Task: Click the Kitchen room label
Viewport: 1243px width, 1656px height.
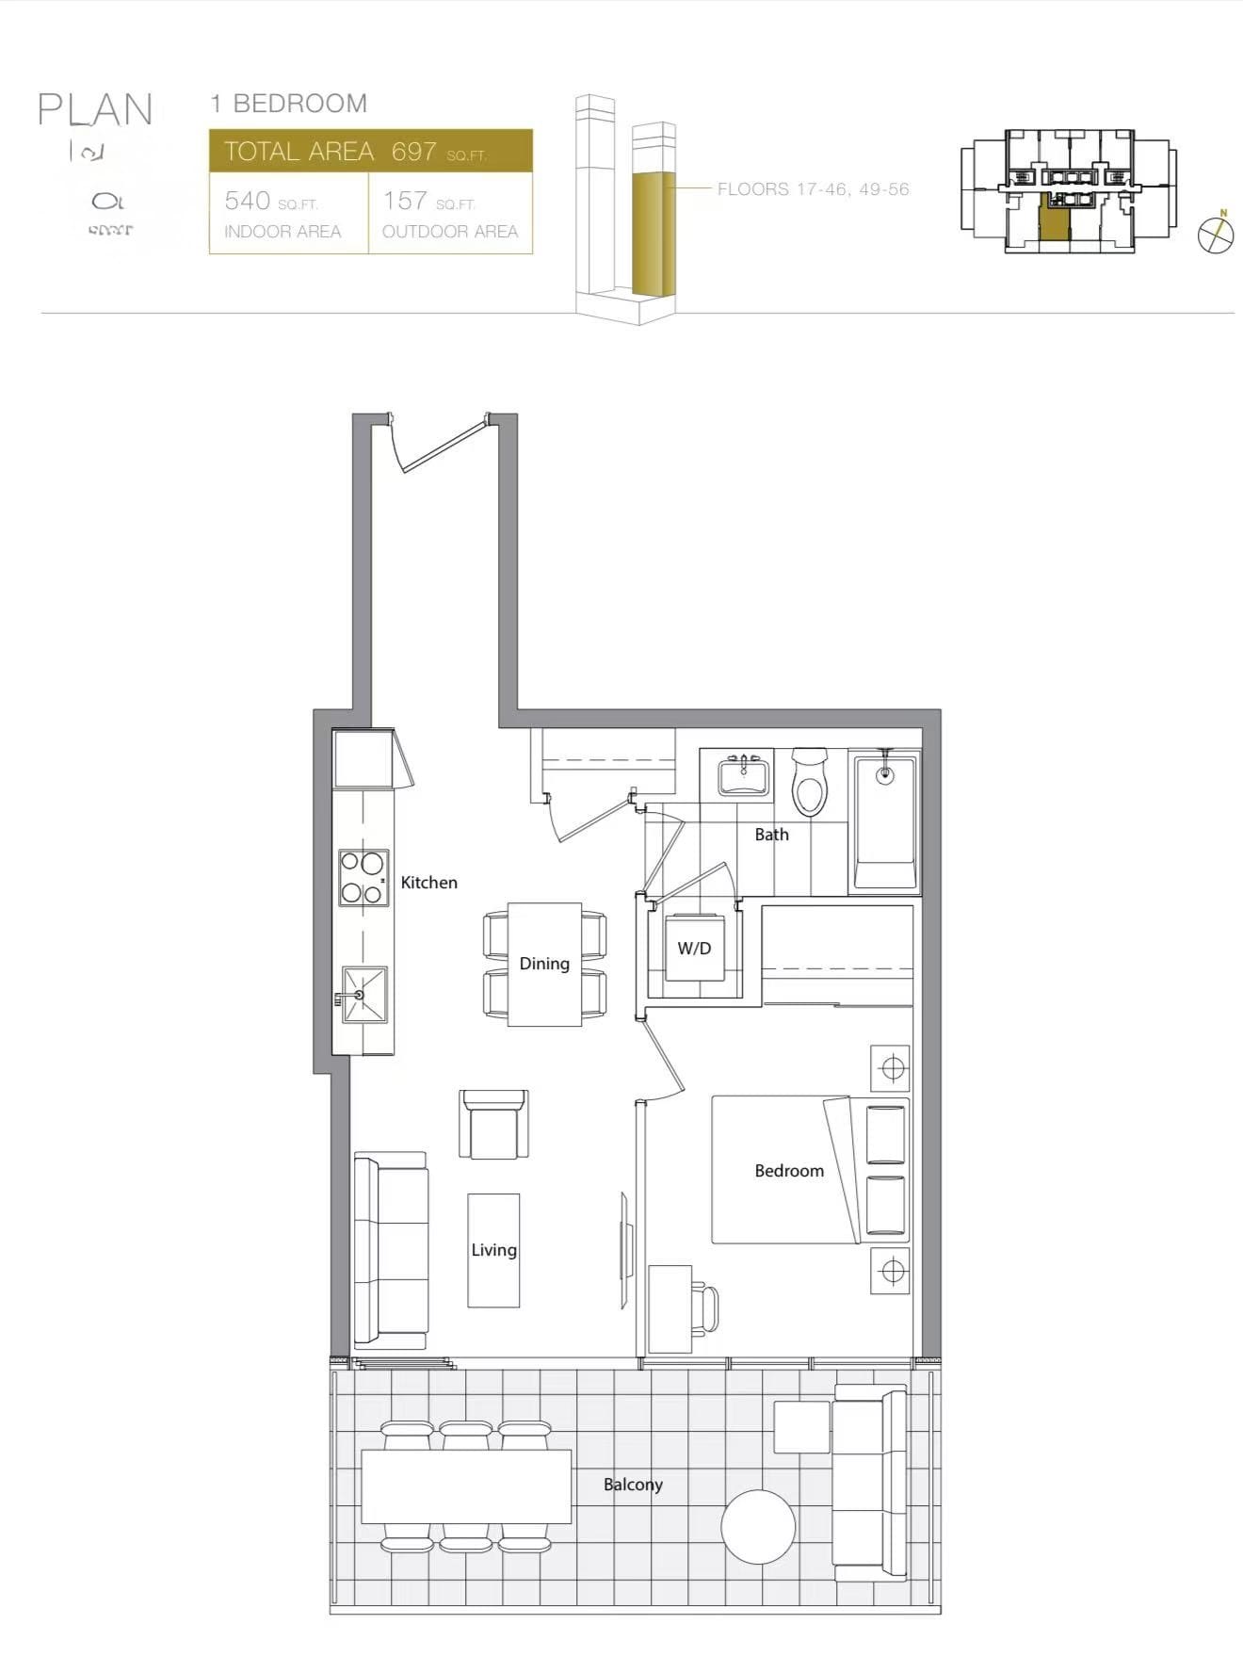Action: tap(428, 883)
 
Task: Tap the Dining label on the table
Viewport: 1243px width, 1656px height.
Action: tap(544, 964)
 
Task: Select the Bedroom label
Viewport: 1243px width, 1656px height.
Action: tap(789, 1171)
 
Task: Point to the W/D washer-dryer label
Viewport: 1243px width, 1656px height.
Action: tap(694, 949)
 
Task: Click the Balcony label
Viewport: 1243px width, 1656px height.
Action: tap(633, 1485)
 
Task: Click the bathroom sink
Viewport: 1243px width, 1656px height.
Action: tap(743, 777)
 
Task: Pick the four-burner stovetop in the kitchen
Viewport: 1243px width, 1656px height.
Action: tap(363, 878)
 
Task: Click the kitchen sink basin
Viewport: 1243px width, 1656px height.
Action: tap(364, 995)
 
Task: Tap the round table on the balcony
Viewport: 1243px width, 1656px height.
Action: tap(758, 1526)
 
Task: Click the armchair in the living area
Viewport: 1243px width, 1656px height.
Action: tap(493, 1126)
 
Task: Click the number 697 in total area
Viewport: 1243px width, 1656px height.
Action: tap(413, 152)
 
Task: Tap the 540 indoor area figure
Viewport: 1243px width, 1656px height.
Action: tap(248, 201)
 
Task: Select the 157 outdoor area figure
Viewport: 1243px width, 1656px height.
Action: tap(405, 201)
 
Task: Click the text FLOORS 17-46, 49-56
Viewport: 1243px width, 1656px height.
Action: tap(813, 189)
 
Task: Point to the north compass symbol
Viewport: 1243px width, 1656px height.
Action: tap(1216, 235)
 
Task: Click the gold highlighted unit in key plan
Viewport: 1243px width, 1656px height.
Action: tap(1054, 222)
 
